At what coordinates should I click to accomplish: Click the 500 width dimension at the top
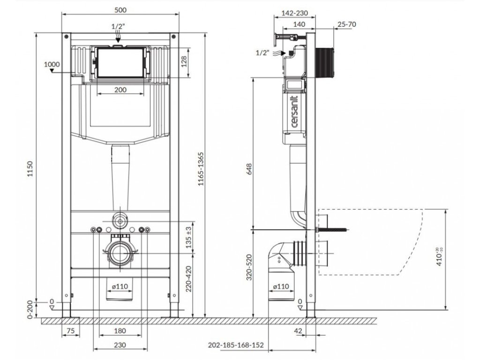coord(120,10)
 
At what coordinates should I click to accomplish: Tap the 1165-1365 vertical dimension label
coord(201,169)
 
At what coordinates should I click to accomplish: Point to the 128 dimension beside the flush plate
coord(184,63)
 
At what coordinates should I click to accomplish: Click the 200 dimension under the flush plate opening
coord(120,90)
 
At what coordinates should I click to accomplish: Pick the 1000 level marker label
coord(52,64)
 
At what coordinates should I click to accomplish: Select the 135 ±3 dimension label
coord(189,237)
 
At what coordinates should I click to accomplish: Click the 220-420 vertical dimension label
coord(189,279)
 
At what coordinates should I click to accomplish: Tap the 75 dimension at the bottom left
coord(70,330)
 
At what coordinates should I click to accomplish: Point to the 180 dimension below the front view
coord(120,330)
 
